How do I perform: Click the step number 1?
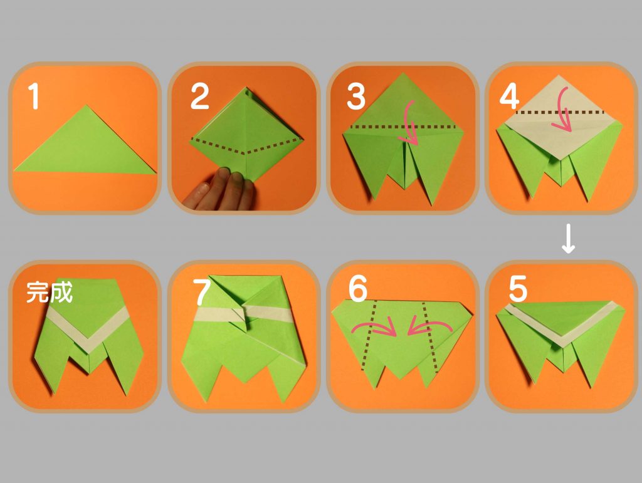pyautogui.click(x=34, y=96)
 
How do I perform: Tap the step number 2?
pyautogui.click(x=200, y=96)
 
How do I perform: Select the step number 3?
pyautogui.click(x=356, y=96)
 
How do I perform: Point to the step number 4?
pyautogui.click(x=509, y=97)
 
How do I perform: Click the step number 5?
pyautogui.click(x=518, y=288)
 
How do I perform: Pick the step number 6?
pyautogui.click(x=358, y=288)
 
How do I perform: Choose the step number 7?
pyautogui.click(x=201, y=291)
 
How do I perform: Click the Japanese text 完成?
pyautogui.click(x=50, y=292)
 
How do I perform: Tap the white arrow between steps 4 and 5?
pyautogui.click(x=568, y=239)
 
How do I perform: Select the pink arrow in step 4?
pyautogui.click(x=564, y=110)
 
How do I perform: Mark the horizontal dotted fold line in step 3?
pyautogui.click(x=404, y=127)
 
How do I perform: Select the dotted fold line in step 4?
pyautogui.click(x=560, y=112)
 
